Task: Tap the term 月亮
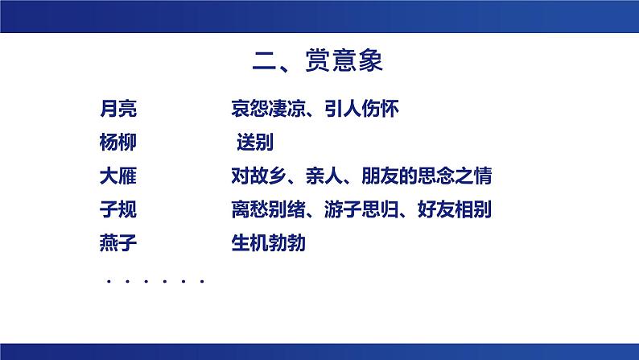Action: [115, 107]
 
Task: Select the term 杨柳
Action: [115, 142]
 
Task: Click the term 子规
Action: [115, 210]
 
